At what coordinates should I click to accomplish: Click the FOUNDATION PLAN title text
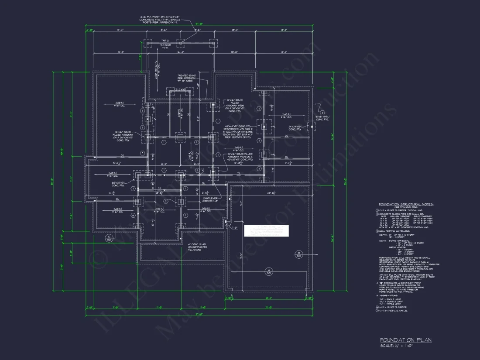click(x=405, y=340)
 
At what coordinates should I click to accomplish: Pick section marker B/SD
click(x=299, y=254)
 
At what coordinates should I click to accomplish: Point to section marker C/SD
click(x=109, y=238)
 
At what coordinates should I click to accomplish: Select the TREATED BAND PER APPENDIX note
click(x=186, y=79)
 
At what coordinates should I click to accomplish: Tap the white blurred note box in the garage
click(x=266, y=231)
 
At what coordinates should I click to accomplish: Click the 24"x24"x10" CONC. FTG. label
click(x=295, y=128)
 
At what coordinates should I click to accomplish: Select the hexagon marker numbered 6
click(x=377, y=307)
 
